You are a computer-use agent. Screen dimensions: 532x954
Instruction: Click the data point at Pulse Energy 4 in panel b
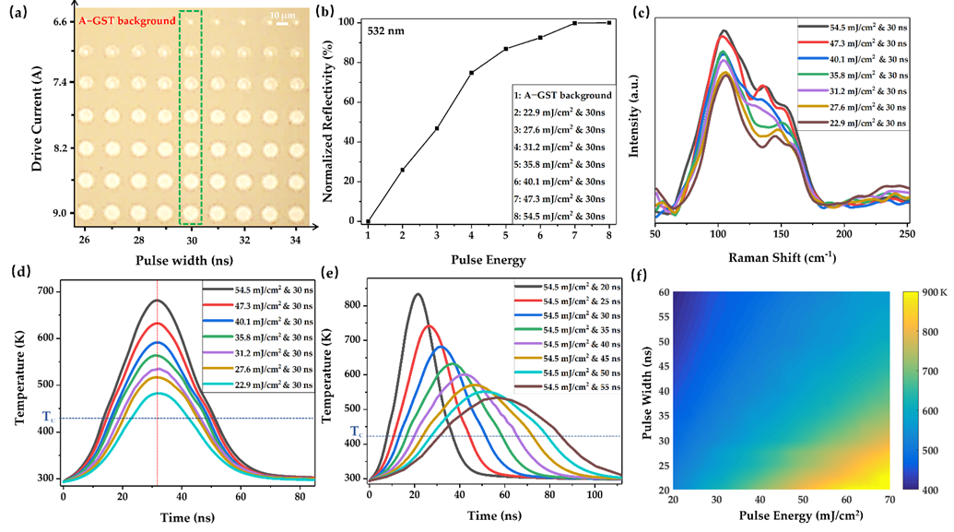(472, 73)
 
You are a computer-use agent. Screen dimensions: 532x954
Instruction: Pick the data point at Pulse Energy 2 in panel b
(403, 170)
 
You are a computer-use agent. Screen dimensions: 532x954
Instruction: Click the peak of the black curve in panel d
(158, 301)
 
